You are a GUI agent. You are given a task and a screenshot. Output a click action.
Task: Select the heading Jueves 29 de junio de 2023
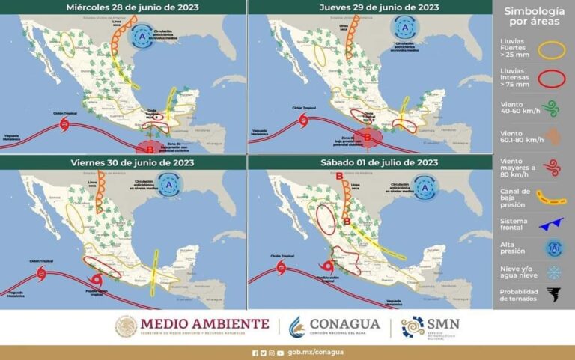point(369,7)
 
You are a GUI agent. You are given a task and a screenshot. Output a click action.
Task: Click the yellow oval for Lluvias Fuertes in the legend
point(553,50)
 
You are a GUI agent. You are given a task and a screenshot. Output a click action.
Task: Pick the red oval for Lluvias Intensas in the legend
point(553,81)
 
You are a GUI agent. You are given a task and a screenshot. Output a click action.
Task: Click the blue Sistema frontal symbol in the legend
point(553,222)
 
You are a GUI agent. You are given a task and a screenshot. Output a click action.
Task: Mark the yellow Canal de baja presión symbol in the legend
point(553,198)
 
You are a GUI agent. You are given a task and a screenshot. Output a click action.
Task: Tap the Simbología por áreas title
point(532,17)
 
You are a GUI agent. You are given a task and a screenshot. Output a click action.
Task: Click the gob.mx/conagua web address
point(302,353)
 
